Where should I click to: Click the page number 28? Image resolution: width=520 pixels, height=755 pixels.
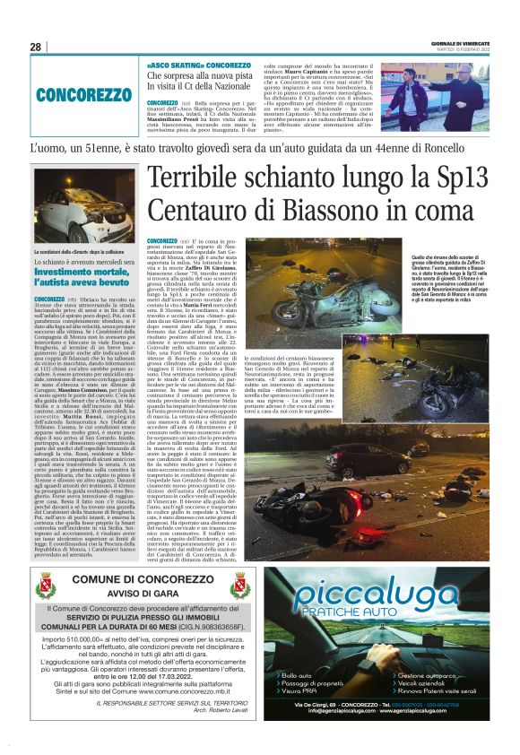(36, 47)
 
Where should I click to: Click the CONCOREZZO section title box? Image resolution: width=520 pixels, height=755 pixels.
(84, 94)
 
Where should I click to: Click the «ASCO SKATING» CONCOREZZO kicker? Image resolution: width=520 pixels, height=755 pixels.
(186, 65)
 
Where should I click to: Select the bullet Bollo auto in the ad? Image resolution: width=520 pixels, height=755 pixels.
(297, 700)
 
